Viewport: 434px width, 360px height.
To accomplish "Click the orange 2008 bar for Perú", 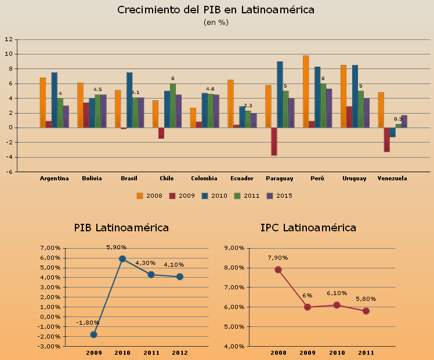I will (x=306, y=92).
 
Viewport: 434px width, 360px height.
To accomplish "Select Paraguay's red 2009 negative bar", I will (x=274, y=141).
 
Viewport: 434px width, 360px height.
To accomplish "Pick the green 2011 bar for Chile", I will (x=173, y=106).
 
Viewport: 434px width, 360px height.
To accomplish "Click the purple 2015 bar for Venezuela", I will (x=404, y=121).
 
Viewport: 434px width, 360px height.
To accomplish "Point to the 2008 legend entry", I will (x=150, y=195).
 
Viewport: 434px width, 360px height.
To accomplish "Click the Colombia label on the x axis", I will (x=204, y=178).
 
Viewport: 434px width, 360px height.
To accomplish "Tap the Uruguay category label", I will (x=354, y=178).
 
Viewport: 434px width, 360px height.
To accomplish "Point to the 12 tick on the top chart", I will (x=9, y=39).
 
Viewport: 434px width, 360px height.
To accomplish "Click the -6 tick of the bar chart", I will (x=9, y=172).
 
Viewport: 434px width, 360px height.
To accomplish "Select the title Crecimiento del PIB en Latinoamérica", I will (x=216, y=10).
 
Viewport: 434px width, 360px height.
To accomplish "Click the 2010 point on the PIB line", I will (x=122, y=259).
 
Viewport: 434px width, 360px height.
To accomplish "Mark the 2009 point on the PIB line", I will (x=94, y=334).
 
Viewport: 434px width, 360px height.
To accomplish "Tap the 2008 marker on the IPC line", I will (x=278, y=270).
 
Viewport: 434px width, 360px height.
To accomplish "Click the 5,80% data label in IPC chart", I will (x=366, y=299).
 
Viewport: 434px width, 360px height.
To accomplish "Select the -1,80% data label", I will (x=88, y=323).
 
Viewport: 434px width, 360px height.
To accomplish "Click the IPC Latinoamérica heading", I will (x=308, y=228).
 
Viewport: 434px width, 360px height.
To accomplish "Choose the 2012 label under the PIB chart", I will (x=180, y=352).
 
